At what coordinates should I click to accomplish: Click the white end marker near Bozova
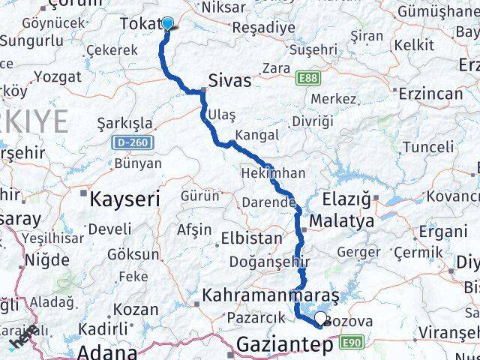coord(321,319)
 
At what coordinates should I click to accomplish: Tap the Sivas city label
coord(229,80)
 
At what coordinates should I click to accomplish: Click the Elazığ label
coord(346,199)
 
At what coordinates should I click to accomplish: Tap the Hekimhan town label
coord(273,173)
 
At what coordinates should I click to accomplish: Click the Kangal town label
coord(256,135)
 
